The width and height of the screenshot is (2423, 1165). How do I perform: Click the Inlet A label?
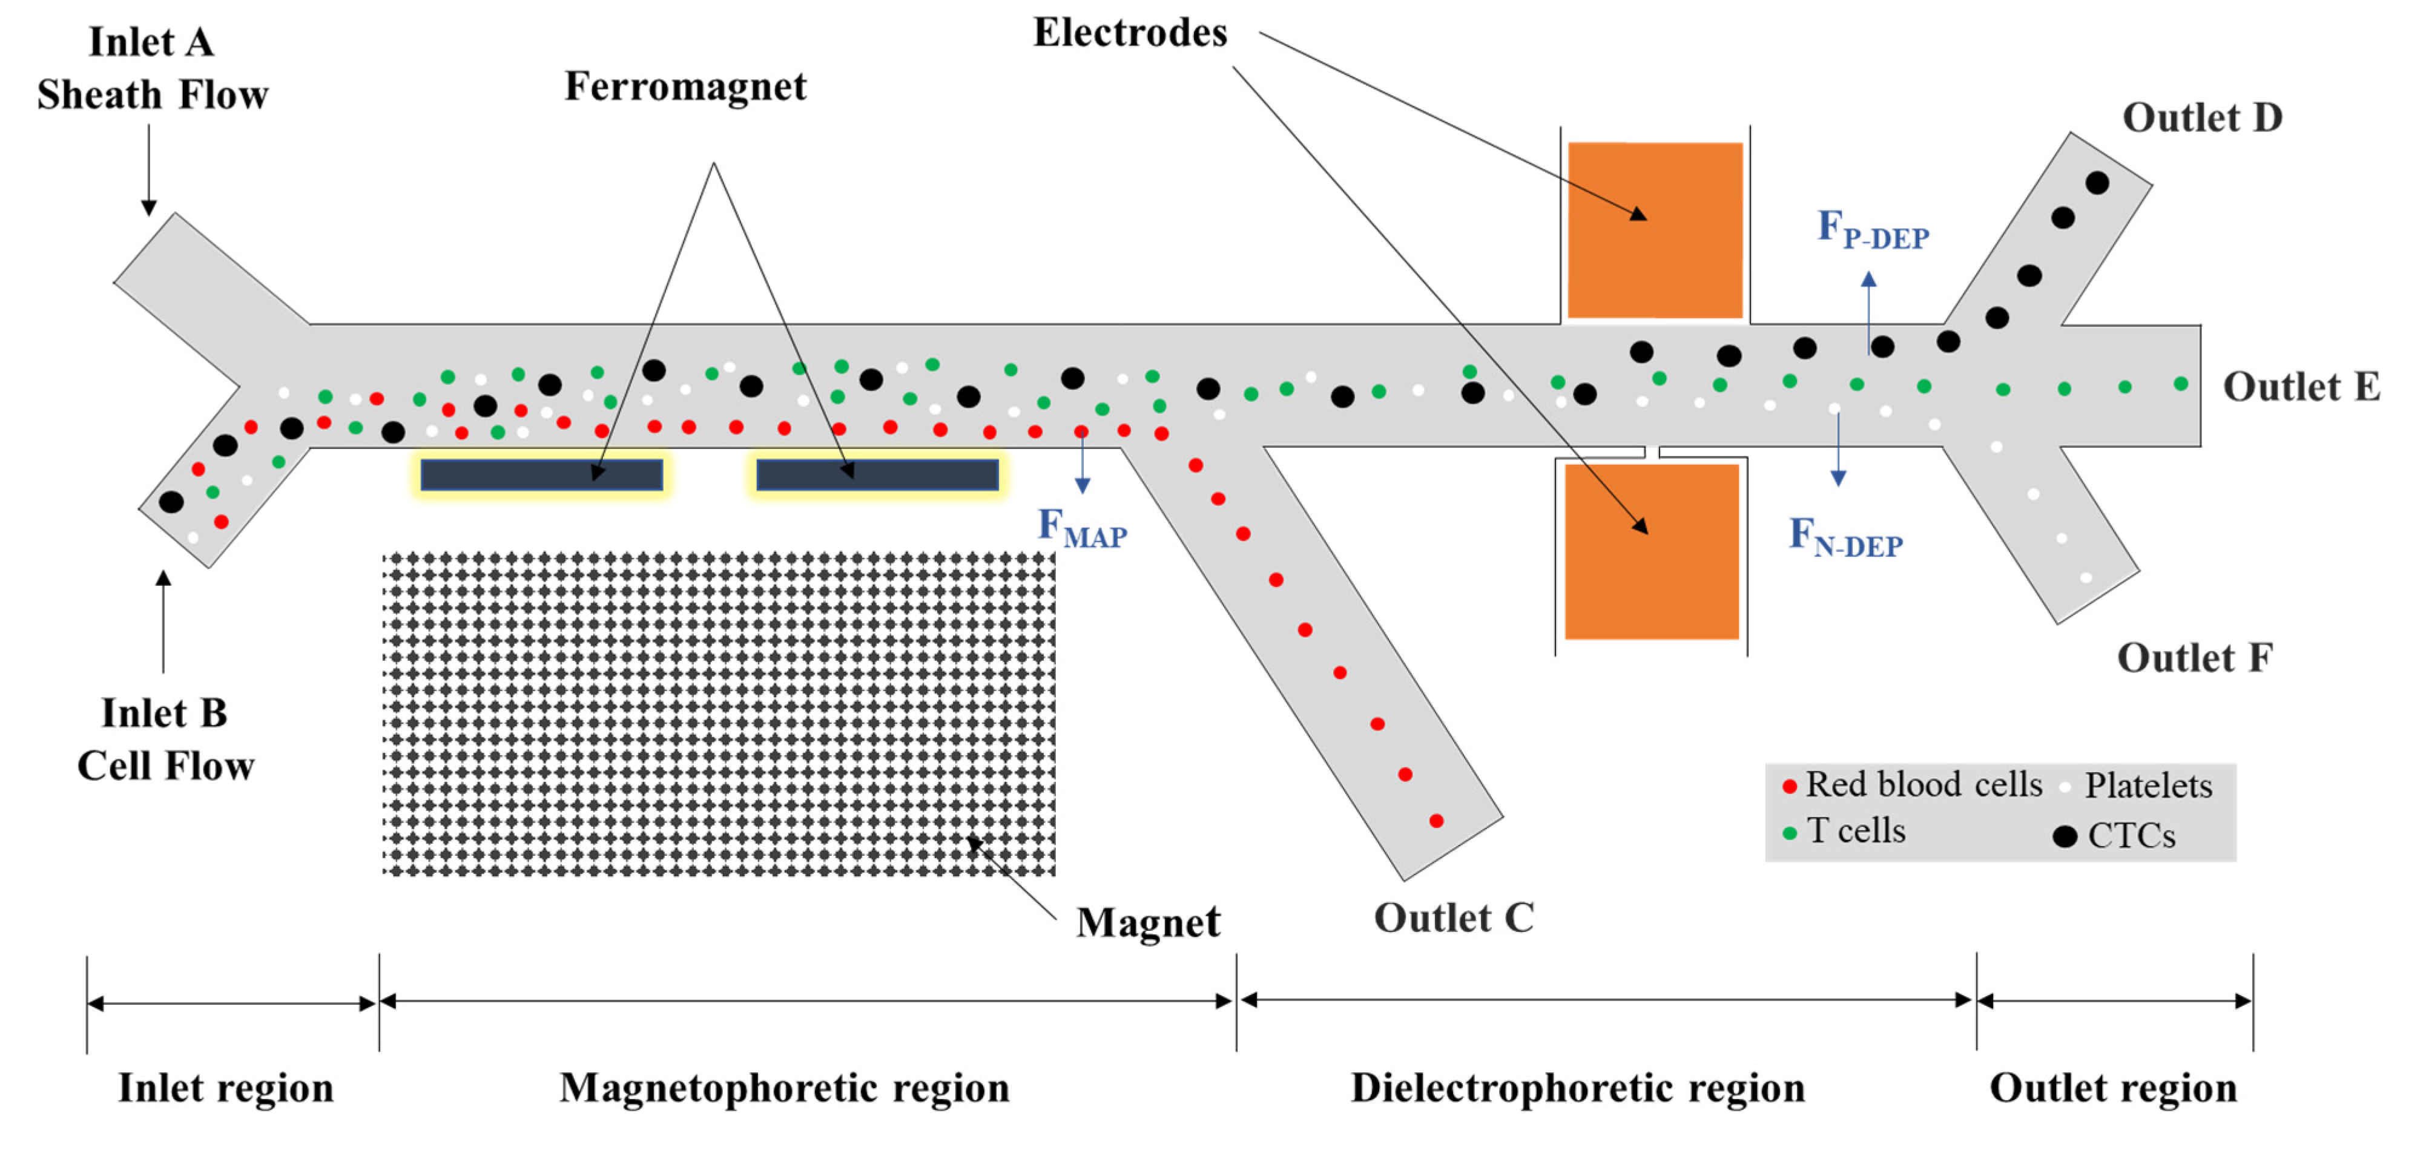(x=151, y=43)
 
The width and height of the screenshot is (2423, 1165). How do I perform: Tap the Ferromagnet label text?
(x=685, y=87)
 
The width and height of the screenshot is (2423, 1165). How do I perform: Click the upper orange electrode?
(x=1655, y=231)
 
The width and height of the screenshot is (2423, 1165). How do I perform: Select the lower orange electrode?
(x=1651, y=552)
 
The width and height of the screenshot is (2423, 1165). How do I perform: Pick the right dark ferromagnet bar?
(x=877, y=475)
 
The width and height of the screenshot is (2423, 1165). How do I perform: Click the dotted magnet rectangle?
(x=719, y=715)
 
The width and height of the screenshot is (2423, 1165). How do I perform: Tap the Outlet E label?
(x=2301, y=387)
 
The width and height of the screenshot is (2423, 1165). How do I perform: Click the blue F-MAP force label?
(x=1082, y=528)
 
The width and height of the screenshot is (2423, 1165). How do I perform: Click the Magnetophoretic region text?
(x=785, y=1088)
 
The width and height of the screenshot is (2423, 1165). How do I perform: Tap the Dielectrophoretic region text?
(x=1577, y=1088)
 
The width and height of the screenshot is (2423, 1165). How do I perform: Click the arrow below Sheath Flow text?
(x=148, y=169)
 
